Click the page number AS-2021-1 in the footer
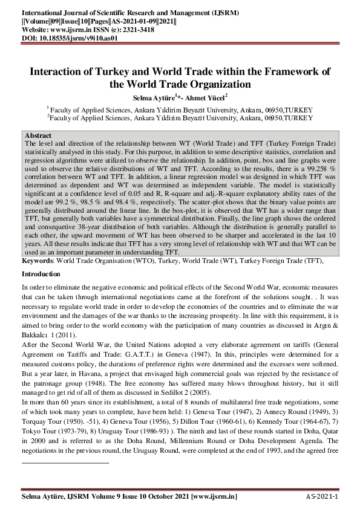pos(321,496)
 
